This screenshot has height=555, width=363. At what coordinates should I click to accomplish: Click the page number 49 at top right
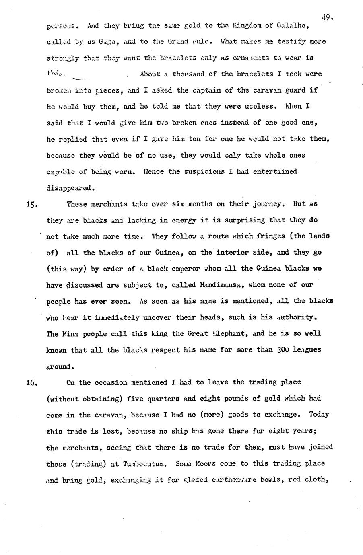click(326, 17)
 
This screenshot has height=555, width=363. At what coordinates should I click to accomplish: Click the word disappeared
click(71, 187)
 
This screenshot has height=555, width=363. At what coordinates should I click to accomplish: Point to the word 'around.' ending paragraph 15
click(60, 366)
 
